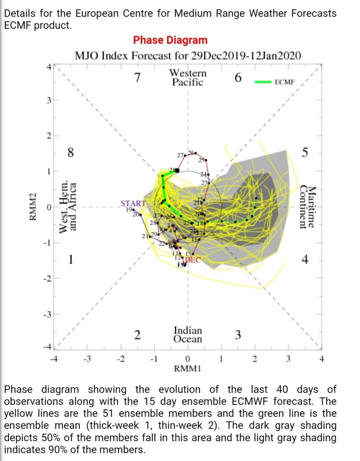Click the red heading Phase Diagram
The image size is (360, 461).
[x=170, y=40]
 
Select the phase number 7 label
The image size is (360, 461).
[x=138, y=78]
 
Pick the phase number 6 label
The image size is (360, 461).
[x=238, y=78]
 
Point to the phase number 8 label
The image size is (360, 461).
[x=70, y=153]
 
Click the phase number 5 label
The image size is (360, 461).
[x=305, y=153]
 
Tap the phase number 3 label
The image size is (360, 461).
[x=238, y=334]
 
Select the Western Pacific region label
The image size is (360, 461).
[x=188, y=77]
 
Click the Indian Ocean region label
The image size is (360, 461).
[x=188, y=334]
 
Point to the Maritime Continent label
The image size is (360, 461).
[x=308, y=207]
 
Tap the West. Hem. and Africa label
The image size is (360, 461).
[x=67, y=207]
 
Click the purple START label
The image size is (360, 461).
[x=133, y=203]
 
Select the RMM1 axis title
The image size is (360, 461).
[x=188, y=368]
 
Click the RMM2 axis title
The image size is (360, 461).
[x=32, y=208]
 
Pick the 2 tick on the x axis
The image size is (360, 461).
[x=255, y=359]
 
